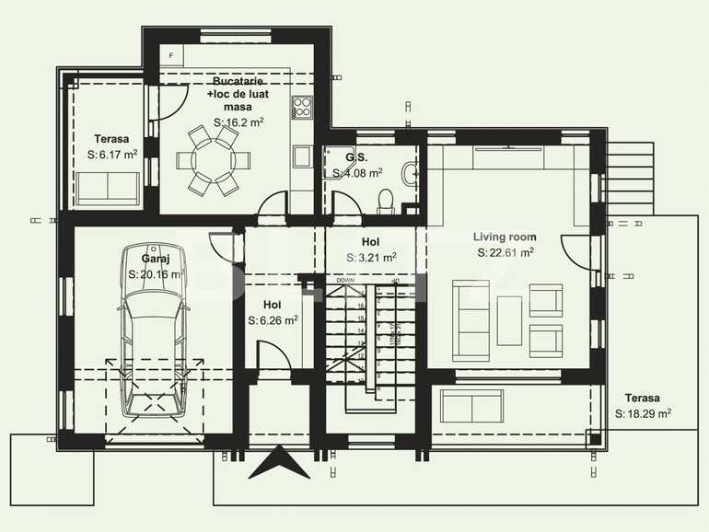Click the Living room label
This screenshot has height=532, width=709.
[505, 237]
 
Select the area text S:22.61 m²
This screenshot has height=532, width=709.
[506, 252]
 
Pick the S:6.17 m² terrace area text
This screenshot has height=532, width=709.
[112, 155]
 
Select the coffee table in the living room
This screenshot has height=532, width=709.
[509, 318]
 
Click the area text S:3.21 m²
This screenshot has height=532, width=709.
[371, 258]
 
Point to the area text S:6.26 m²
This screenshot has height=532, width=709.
[273, 320]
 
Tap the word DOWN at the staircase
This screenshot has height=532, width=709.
[345, 280]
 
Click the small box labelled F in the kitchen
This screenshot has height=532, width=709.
[170, 54]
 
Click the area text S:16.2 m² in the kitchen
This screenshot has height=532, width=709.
[239, 121]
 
